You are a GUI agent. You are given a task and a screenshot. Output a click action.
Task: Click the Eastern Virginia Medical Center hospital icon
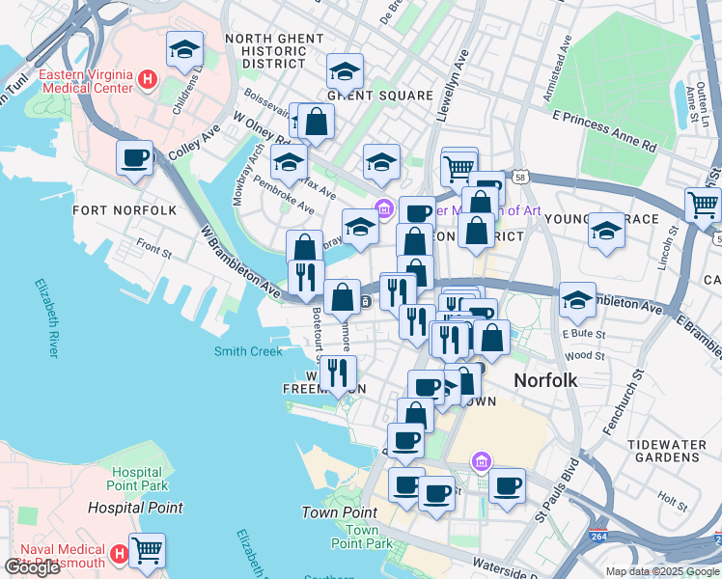coord(148,78)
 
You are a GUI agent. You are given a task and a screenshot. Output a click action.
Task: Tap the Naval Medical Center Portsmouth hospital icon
coord(119,554)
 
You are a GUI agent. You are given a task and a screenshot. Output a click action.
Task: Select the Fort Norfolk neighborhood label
coord(125,210)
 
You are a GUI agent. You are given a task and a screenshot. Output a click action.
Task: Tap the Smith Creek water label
coord(248,352)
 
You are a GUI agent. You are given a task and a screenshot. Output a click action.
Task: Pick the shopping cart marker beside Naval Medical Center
coord(147,550)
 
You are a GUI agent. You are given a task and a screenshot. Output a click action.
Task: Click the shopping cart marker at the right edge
coord(703,204)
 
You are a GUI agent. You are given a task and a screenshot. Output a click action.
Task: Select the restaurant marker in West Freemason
coord(338,372)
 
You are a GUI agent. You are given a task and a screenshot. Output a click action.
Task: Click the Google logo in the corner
coord(31,567)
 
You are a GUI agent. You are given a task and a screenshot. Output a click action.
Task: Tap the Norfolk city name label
coord(545,380)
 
